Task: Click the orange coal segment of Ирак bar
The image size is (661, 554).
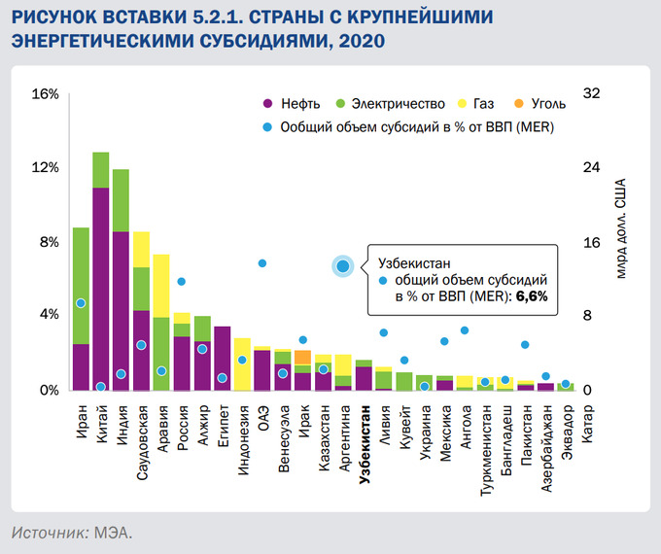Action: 302,357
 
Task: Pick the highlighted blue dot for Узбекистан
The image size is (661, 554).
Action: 343,265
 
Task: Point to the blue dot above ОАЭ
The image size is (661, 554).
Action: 262,263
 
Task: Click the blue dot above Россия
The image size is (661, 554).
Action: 181,282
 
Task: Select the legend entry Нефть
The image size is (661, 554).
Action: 292,103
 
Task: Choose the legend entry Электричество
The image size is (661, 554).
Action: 389,103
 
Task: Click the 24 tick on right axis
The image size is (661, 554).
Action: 590,168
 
